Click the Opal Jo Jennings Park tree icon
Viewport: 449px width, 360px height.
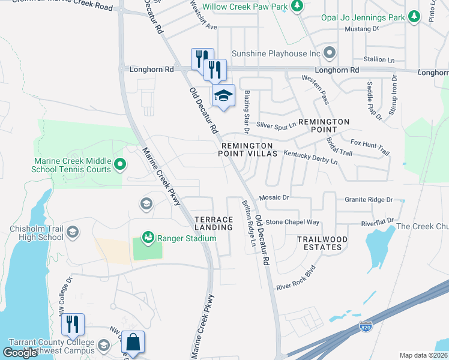[414, 17]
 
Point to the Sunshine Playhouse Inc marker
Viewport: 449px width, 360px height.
[329, 53]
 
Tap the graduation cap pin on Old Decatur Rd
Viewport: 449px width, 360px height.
[223, 96]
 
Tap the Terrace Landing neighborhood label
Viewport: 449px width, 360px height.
[213, 223]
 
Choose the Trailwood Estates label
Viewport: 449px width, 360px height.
[322, 243]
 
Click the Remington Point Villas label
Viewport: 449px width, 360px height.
[249, 149]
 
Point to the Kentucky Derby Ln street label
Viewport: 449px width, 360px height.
[310, 157]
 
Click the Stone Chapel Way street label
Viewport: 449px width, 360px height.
[292, 222]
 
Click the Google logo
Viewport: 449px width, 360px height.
[20, 352]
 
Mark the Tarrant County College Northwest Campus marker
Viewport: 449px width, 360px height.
[104, 346]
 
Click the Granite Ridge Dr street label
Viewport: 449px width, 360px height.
[369, 199]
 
